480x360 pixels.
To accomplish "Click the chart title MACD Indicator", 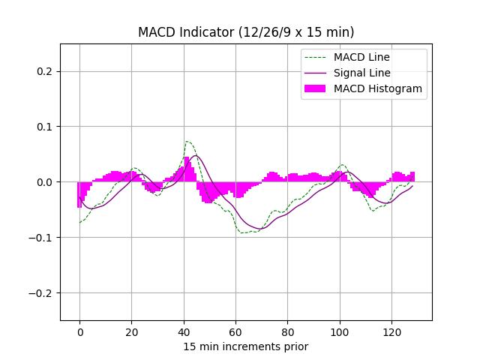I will (246, 32).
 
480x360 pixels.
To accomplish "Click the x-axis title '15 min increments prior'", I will (246, 346).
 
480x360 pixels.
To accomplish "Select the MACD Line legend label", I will (361, 57).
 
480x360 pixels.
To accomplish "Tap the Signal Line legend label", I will (362, 73).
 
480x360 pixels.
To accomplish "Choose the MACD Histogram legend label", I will (378, 88).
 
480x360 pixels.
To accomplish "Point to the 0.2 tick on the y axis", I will (45, 71).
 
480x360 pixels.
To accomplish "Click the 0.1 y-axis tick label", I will (45, 127).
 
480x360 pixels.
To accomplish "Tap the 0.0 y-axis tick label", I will (45, 182).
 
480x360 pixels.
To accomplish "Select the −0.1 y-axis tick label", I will (42, 238).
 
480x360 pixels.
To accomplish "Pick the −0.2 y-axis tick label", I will (42, 293).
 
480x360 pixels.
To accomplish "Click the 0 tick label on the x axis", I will (79, 331).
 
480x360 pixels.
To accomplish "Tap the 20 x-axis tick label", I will (131, 331).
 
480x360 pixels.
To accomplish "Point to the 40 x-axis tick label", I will (184, 331).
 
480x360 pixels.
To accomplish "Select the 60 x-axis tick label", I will (235, 331).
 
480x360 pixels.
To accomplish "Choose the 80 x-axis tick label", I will (288, 331).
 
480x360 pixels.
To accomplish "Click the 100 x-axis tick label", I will (340, 331).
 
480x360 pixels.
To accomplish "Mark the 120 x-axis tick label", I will (391, 331).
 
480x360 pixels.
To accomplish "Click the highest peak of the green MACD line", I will (187, 141).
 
